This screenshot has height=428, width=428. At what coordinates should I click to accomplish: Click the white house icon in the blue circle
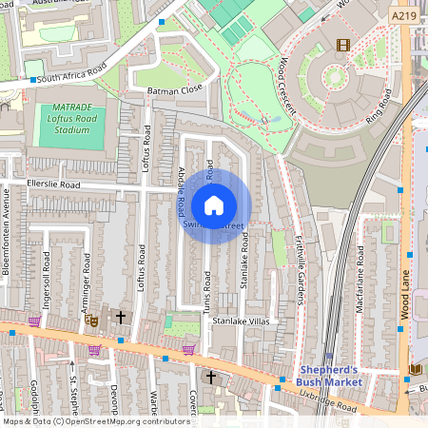point(214,204)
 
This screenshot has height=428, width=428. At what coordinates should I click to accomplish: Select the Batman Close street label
point(176,88)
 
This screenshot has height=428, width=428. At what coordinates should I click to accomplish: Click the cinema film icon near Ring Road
point(342,45)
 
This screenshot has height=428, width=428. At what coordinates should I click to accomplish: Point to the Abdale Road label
point(180,192)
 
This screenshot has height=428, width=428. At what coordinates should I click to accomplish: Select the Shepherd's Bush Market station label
point(330,375)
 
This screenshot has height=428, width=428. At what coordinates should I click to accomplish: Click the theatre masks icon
point(93,321)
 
